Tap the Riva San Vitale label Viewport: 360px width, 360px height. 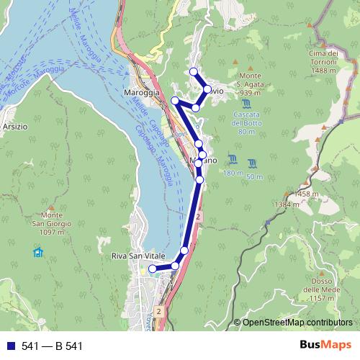point(138,256)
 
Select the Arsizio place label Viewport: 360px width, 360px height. point(14,126)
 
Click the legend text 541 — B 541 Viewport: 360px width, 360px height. point(52,346)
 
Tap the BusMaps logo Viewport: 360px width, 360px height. point(322,345)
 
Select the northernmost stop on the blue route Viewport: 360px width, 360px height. point(193,71)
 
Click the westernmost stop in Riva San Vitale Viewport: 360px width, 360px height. point(152,269)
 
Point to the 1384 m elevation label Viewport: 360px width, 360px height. point(286,204)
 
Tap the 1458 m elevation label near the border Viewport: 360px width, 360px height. point(307,194)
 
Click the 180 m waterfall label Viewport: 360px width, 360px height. point(233,174)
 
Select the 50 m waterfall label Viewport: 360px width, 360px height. point(253,176)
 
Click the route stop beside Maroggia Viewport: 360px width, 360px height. point(174,100)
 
